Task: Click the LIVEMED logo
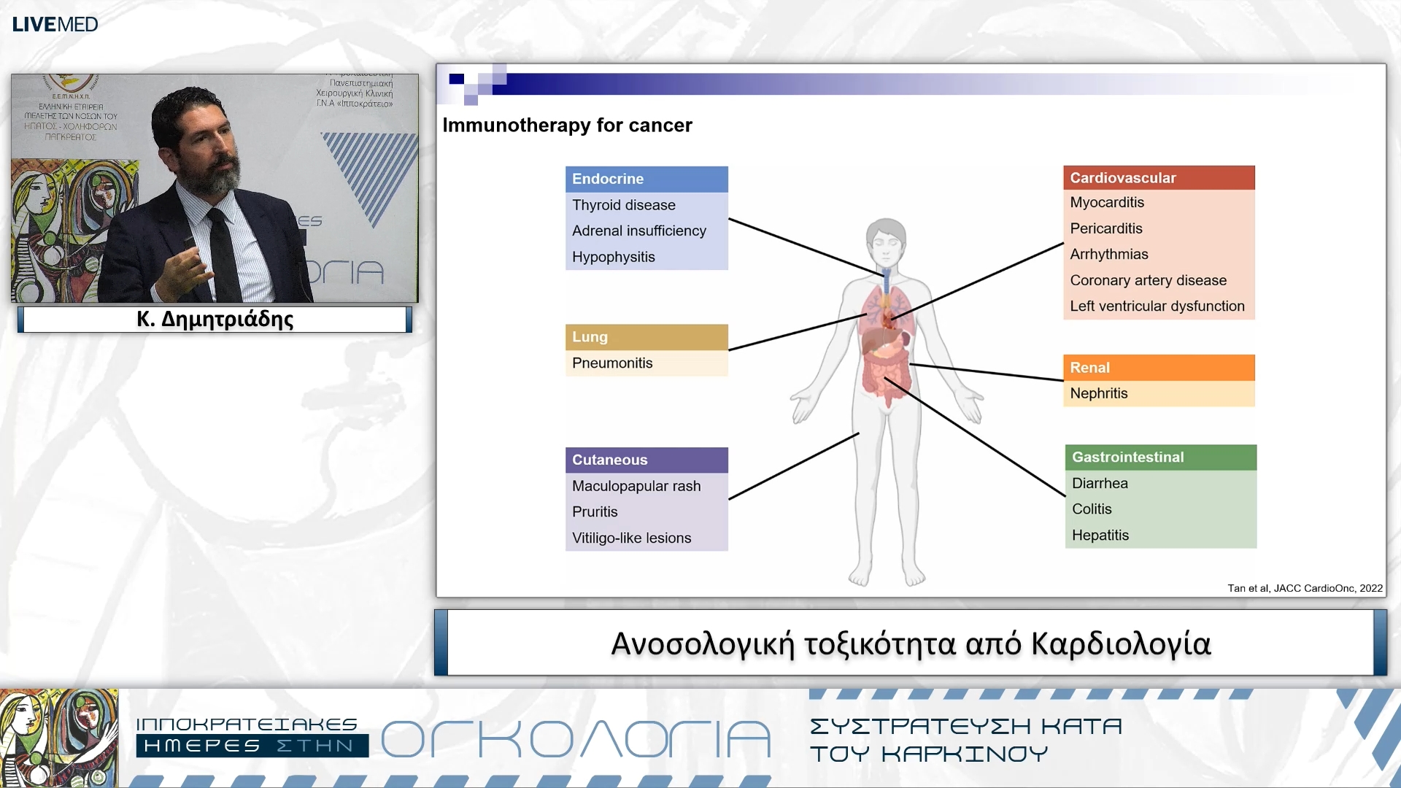(55, 24)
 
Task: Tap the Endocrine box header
(646, 179)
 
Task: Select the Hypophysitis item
(613, 257)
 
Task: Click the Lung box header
(646, 337)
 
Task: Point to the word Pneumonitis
(611, 363)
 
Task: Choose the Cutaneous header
(646, 460)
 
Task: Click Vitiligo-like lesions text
(631, 538)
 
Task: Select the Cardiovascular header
(1158, 177)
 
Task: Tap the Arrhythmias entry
(1108, 254)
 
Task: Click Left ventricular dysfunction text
(1157, 306)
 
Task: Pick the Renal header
(1158, 368)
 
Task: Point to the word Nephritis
(1098, 393)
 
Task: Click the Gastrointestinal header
(1160, 457)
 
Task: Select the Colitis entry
(1092, 509)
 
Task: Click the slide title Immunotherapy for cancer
(567, 125)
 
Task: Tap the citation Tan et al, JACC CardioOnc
(1304, 588)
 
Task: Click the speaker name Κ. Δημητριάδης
(215, 320)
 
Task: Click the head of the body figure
(885, 241)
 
